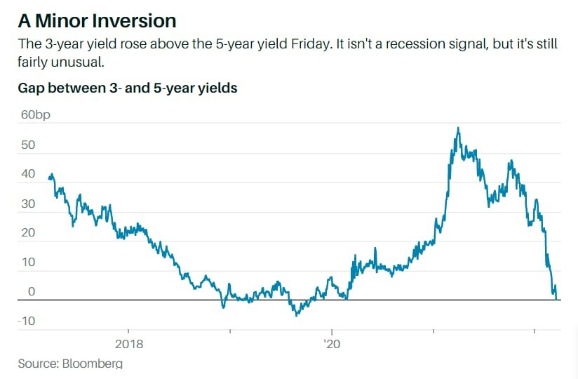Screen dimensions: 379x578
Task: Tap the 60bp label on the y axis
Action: pyautogui.click(x=36, y=115)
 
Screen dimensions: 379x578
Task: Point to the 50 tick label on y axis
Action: pyautogui.click(x=27, y=145)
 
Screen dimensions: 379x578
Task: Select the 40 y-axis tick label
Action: pyautogui.click(x=27, y=175)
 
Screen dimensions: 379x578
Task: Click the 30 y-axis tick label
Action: pyautogui.click(x=27, y=204)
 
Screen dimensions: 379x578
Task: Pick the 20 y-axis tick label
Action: pyautogui.click(x=27, y=234)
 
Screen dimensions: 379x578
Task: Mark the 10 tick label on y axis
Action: pyautogui.click(x=27, y=262)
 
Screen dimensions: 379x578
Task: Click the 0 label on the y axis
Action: pyautogui.click(x=30, y=292)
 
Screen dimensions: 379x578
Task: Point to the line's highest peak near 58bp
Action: pyautogui.click(x=458, y=128)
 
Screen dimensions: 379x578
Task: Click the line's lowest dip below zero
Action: pyautogui.click(x=297, y=315)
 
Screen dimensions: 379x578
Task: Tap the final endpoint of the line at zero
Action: pyautogui.click(x=556, y=298)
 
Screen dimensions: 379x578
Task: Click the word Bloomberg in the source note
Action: pyautogui.click(x=92, y=364)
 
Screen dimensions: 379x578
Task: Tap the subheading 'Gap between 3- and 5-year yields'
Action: pyautogui.click(x=127, y=88)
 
